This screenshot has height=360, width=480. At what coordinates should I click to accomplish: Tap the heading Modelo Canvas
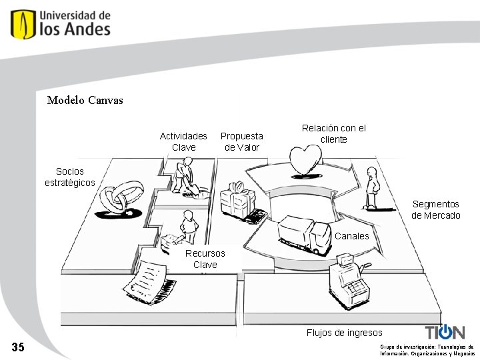(85, 101)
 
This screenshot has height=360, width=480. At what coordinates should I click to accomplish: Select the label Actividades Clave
(183, 141)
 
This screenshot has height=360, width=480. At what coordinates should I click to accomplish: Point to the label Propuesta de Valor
(241, 141)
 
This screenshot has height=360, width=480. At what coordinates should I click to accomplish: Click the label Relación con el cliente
(333, 133)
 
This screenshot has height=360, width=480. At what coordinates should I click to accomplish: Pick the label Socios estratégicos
(69, 177)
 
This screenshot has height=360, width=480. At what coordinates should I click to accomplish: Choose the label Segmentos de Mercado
(435, 209)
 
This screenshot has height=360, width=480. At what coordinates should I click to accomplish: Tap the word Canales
(351, 236)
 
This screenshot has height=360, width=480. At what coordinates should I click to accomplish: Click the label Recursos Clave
(205, 259)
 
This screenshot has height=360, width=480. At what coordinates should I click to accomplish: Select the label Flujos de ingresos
(344, 333)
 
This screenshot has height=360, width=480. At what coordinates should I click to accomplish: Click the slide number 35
(18, 347)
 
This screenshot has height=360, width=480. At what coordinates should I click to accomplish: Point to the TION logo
(445, 332)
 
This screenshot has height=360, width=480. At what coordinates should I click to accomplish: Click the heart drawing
(305, 162)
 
